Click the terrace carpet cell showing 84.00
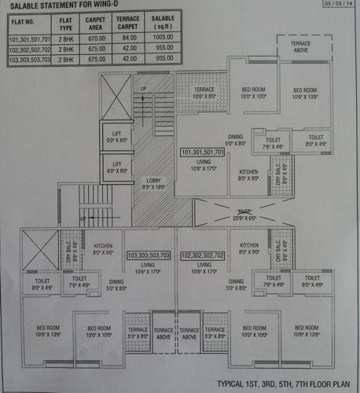(x=128, y=38)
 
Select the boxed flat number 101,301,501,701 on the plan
(x=203, y=152)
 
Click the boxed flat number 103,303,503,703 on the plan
(x=149, y=256)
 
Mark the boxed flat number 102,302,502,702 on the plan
(x=203, y=256)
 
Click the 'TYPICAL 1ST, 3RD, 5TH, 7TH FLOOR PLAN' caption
(x=285, y=384)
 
